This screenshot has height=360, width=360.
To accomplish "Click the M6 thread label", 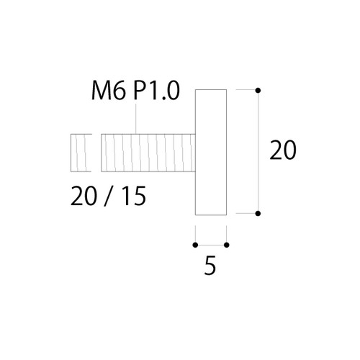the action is click(x=109, y=91).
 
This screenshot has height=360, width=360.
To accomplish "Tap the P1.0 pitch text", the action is click(x=156, y=91).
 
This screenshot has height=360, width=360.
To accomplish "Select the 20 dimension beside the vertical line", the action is click(x=283, y=150).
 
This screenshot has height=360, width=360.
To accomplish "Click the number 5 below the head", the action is click(x=210, y=265).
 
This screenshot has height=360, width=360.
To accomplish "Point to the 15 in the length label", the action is click(x=135, y=196).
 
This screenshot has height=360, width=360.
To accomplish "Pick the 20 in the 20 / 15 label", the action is click(x=83, y=196).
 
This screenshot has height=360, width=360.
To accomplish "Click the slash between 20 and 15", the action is click(x=109, y=196).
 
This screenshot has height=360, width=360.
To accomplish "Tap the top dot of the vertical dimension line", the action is click(x=258, y=91).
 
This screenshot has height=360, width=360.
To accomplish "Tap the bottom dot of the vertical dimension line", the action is click(x=258, y=213).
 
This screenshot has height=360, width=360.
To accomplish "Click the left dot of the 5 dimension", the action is click(x=195, y=245).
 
